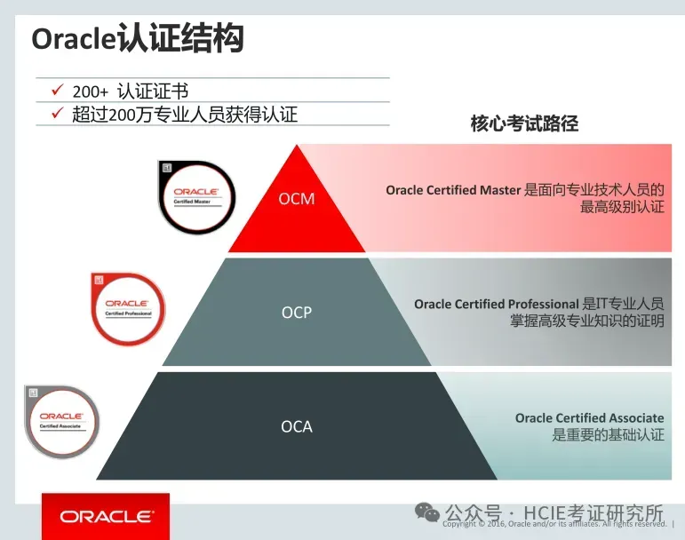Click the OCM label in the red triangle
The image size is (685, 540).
(297, 199)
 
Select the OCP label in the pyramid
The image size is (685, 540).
(297, 313)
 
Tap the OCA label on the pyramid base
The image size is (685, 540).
(297, 427)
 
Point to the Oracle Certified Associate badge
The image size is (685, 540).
(61, 420)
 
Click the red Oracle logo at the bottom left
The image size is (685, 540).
(106, 516)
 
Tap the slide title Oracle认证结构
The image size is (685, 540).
(138, 40)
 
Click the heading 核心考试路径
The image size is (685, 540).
(524, 123)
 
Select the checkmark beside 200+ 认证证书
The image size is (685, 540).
(56, 91)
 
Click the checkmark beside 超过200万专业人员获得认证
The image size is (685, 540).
(56, 114)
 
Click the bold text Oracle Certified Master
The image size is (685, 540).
(453, 190)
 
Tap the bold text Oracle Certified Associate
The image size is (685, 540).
(589, 418)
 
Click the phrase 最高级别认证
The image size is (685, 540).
(622, 207)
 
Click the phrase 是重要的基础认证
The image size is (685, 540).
(608, 435)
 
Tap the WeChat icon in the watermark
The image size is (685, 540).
(428, 512)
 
